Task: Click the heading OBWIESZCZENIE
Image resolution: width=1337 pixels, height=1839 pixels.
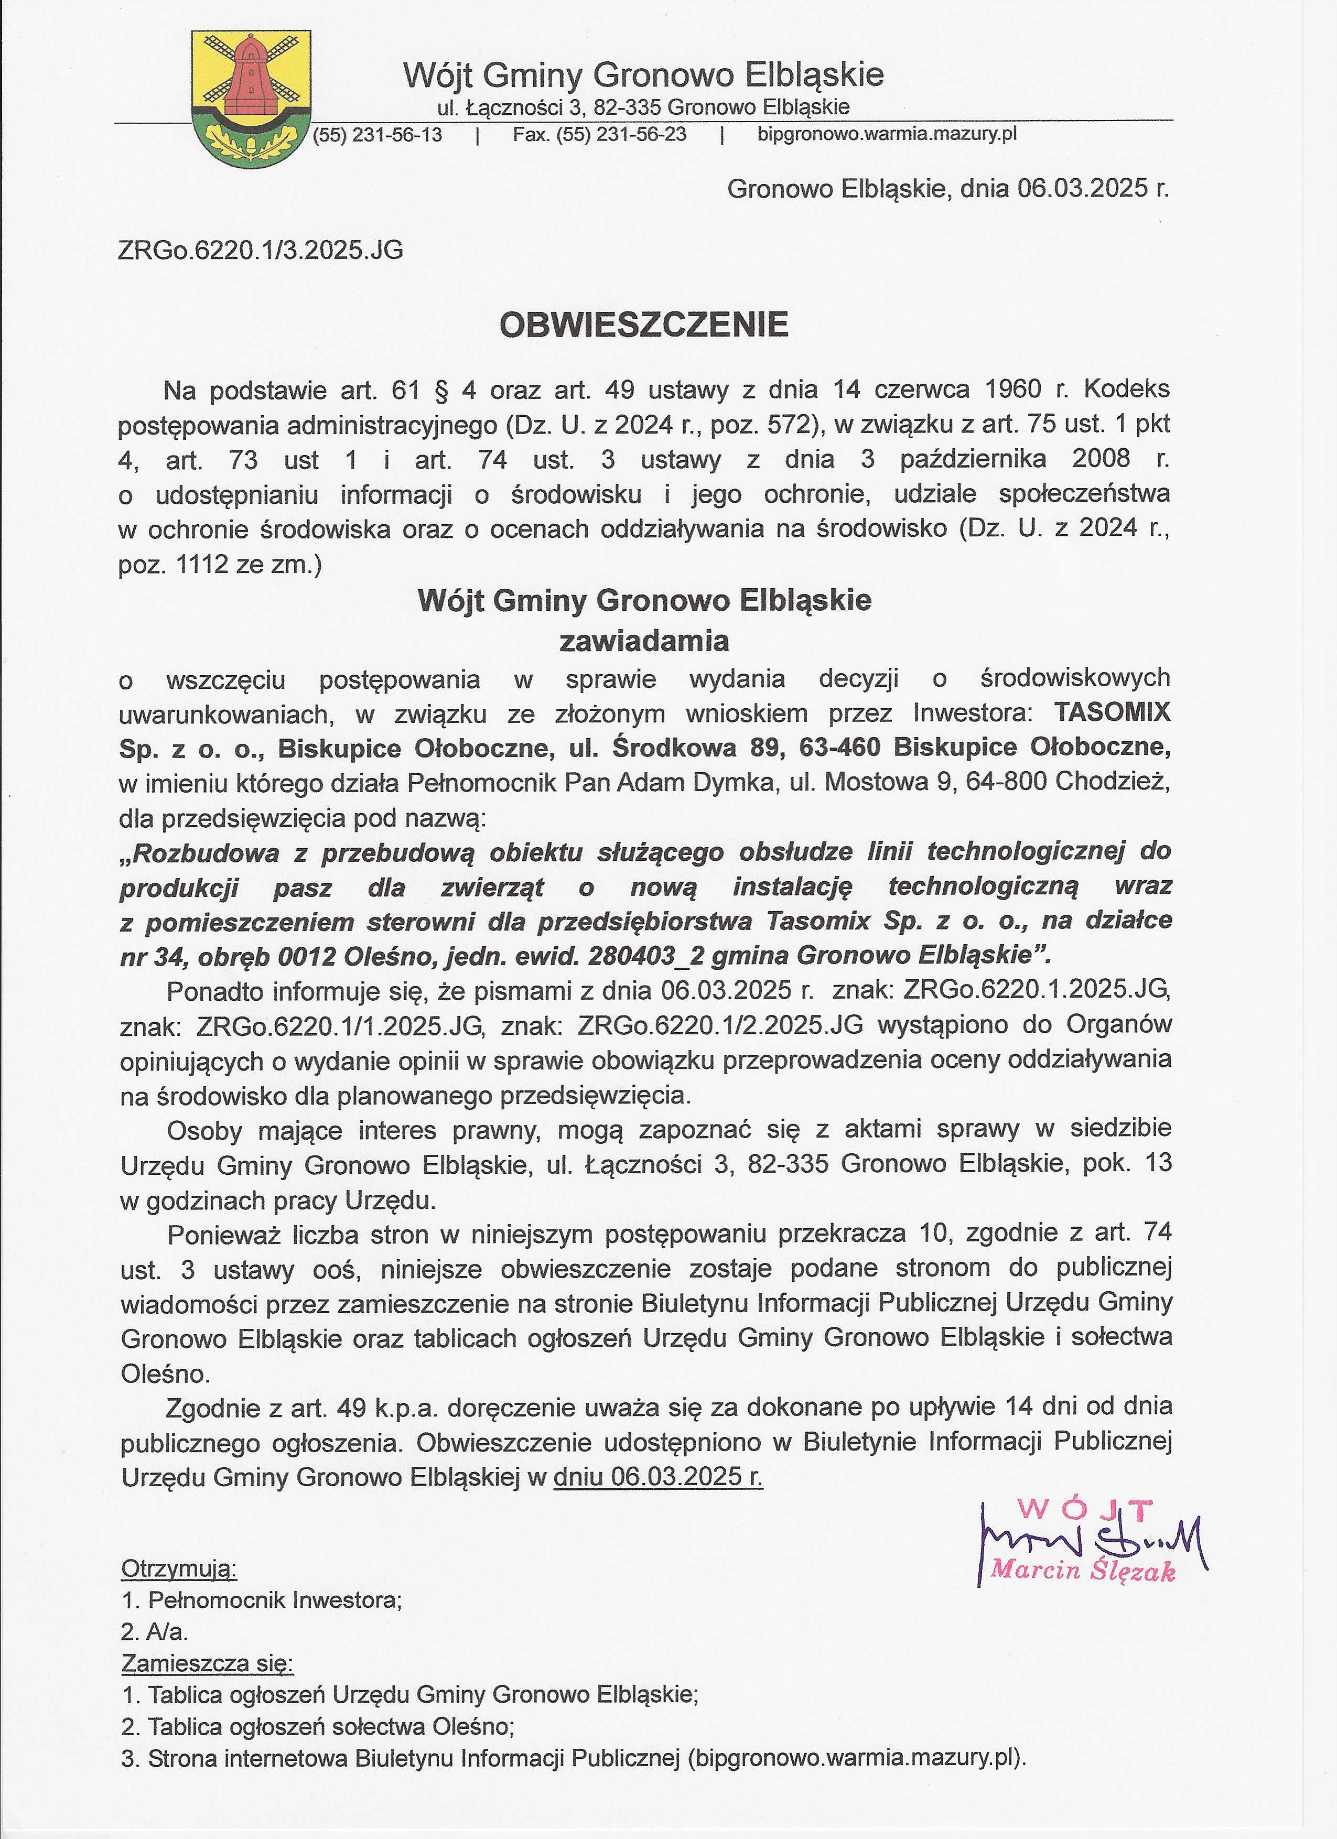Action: tap(644, 325)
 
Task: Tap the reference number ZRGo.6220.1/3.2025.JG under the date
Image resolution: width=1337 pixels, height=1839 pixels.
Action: tap(260, 251)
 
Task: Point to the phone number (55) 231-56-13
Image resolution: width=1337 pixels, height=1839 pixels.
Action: tap(378, 135)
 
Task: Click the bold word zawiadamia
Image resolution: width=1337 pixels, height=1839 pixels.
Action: tap(644, 641)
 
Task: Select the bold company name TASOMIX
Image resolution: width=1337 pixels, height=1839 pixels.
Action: tap(1113, 712)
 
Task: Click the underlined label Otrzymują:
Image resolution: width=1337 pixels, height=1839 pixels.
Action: tap(179, 1569)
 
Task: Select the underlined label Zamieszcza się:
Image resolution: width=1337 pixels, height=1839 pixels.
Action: tap(208, 1664)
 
